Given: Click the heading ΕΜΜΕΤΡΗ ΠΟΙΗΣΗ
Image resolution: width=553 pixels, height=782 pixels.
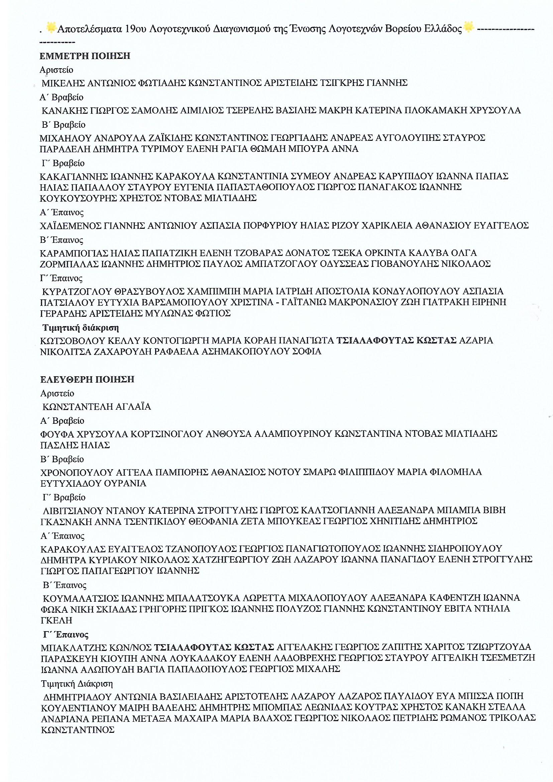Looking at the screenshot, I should [85, 56].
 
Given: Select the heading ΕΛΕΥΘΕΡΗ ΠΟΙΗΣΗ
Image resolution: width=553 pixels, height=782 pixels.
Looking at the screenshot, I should [87, 379].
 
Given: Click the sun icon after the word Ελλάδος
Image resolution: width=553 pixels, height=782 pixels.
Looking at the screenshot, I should [468, 27].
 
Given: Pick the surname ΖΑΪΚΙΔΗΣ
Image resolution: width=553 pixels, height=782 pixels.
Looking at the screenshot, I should [170, 138].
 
